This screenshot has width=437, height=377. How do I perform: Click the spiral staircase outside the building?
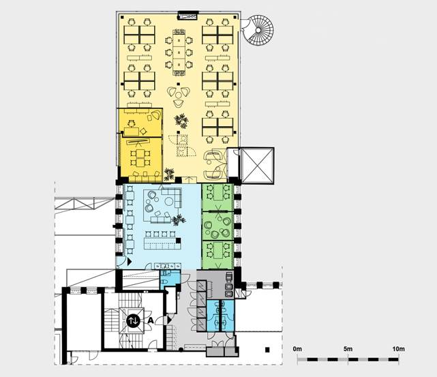point(258,31)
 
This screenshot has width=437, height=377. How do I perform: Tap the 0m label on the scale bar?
point(297,348)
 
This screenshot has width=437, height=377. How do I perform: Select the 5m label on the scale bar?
point(348,348)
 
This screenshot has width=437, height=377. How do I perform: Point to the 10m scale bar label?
point(399,348)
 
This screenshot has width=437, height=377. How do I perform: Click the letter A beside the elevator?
point(151,320)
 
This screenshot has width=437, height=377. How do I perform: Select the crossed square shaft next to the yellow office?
point(257,165)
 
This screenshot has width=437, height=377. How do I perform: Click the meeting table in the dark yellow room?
point(140,158)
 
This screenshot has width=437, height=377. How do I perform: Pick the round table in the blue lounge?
point(169,201)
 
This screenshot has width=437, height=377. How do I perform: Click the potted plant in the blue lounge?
point(179,220)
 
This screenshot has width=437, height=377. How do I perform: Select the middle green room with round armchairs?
point(217,226)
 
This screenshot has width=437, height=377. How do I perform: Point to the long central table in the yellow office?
point(179,52)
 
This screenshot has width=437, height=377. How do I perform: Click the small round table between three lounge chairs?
point(179,95)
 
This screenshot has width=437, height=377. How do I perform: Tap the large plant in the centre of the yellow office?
point(181,121)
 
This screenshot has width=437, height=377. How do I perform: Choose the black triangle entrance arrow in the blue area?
point(130,262)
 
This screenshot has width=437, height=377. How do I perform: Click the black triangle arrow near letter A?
point(170,320)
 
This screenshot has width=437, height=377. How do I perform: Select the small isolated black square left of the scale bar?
point(267,350)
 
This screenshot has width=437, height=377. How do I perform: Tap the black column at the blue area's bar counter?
point(179,241)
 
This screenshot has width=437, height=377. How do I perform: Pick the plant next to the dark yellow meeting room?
point(168,174)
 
